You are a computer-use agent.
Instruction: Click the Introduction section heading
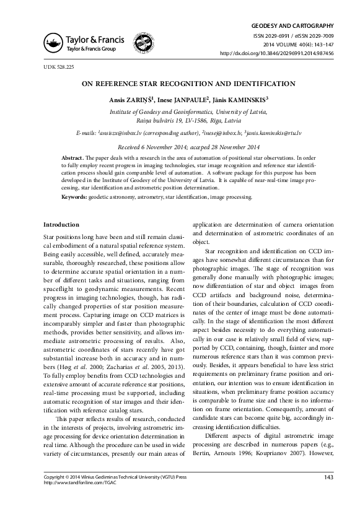(x=61, y=224)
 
